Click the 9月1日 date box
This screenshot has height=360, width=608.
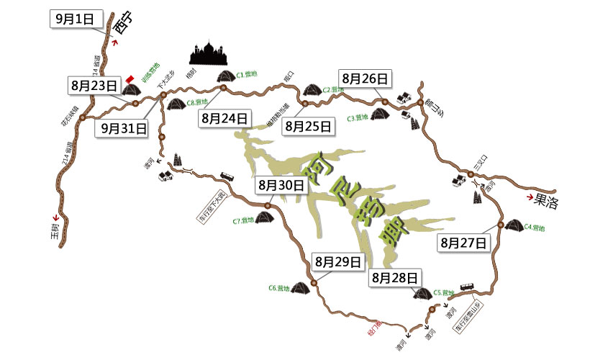(x=77, y=19)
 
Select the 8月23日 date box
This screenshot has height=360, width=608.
(x=94, y=85)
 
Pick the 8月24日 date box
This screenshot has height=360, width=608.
(x=226, y=118)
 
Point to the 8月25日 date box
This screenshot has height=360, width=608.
(x=309, y=127)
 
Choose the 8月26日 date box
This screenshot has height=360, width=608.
(x=366, y=78)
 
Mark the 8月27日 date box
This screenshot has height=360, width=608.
(x=463, y=243)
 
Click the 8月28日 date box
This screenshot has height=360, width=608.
(x=394, y=277)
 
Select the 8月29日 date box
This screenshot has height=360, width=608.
(x=337, y=261)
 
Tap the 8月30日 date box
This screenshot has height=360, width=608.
(x=282, y=185)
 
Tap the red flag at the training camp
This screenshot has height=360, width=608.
(x=130, y=78)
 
